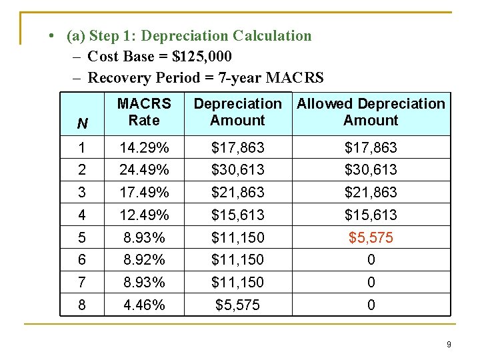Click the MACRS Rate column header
(144, 112)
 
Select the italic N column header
(82, 123)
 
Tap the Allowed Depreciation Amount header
(371, 112)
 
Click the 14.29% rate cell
(144, 147)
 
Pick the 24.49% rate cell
(144, 169)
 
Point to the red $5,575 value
(371, 237)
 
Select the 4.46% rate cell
(144, 305)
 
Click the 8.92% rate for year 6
(144, 259)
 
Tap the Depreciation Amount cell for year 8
(237, 305)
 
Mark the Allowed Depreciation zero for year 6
(371, 259)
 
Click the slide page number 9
(449, 345)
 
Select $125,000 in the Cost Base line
(202, 57)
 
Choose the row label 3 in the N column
(82, 192)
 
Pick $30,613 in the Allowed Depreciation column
(371, 169)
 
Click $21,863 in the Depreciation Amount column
(237, 192)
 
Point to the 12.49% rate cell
(144, 215)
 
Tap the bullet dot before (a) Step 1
(51, 35)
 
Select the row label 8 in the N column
(82, 305)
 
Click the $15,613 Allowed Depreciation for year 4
(371, 215)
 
